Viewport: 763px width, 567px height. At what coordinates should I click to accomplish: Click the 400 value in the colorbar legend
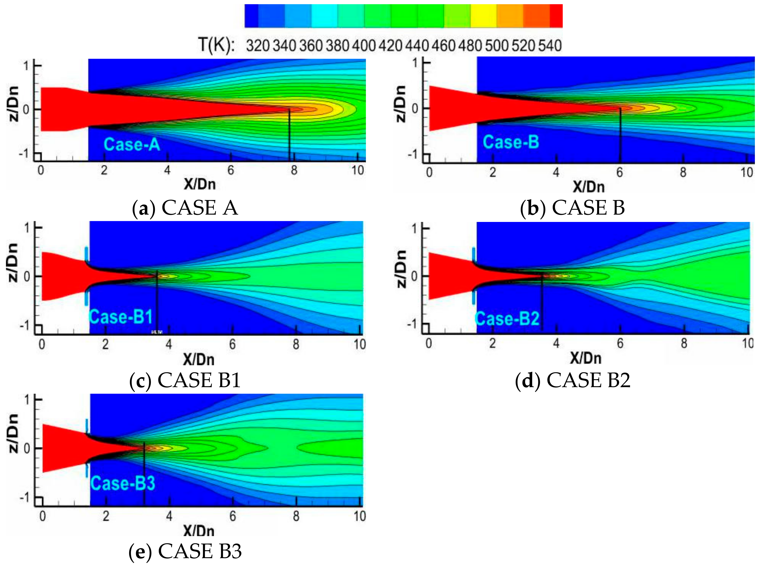point(363,46)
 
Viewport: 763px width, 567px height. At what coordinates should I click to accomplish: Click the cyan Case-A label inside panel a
point(132,144)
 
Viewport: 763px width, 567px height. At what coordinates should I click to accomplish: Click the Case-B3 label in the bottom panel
point(123,483)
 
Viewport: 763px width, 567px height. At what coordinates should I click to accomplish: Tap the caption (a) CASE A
point(185,208)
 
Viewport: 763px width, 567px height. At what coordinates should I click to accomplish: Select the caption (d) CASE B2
point(573,380)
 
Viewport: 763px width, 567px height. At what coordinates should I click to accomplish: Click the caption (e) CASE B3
point(185,552)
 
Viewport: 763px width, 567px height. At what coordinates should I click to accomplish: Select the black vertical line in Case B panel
point(620,136)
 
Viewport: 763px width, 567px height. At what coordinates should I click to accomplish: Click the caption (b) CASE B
point(572,208)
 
